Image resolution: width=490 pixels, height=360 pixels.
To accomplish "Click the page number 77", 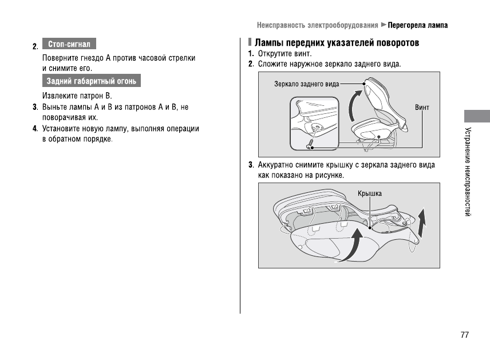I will (x=464, y=335).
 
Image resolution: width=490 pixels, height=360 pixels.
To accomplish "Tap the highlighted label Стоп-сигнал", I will (x=69, y=44).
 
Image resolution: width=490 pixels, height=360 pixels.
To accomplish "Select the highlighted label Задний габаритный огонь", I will (x=92, y=81).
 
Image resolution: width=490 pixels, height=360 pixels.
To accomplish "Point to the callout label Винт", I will (x=422, y=108).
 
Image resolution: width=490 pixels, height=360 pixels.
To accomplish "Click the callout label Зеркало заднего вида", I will (x=306, y=84).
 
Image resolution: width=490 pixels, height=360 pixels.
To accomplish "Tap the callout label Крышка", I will (x=369, y=193).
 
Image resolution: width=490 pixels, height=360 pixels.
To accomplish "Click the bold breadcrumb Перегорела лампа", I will (x=418, y=25).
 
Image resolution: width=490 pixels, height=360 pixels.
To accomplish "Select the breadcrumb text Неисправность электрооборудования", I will (x=317, y=25).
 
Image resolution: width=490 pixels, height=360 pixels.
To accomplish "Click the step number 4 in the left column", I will (x=35, y=128).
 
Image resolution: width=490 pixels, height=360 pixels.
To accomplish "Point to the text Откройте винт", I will (x=284, y=54).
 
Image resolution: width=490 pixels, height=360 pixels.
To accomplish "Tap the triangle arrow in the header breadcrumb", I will (x=384, y=25).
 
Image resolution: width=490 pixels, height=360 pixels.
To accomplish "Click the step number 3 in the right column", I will (x=251, y=165).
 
